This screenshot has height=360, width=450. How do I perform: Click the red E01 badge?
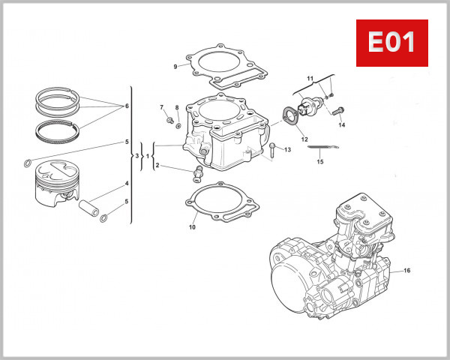[x=391, y=43]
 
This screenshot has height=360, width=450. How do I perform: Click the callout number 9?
[x=175, y=67]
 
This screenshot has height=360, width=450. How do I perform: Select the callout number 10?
[x=192, y=226]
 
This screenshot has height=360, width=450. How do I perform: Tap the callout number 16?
[x=407, y=270]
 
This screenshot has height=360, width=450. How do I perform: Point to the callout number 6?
[x=127, y=106]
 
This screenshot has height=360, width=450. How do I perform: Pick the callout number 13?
[x=287, y=150]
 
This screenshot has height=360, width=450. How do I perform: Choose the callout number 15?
[x=319, y=161]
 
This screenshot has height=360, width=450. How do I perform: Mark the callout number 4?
[x=127, y=183]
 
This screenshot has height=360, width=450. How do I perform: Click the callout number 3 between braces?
[x=136, y=156]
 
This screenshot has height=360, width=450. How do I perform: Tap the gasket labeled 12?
[x=290, y=118]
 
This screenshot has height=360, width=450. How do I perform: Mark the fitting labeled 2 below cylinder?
[x=198, y=175]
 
